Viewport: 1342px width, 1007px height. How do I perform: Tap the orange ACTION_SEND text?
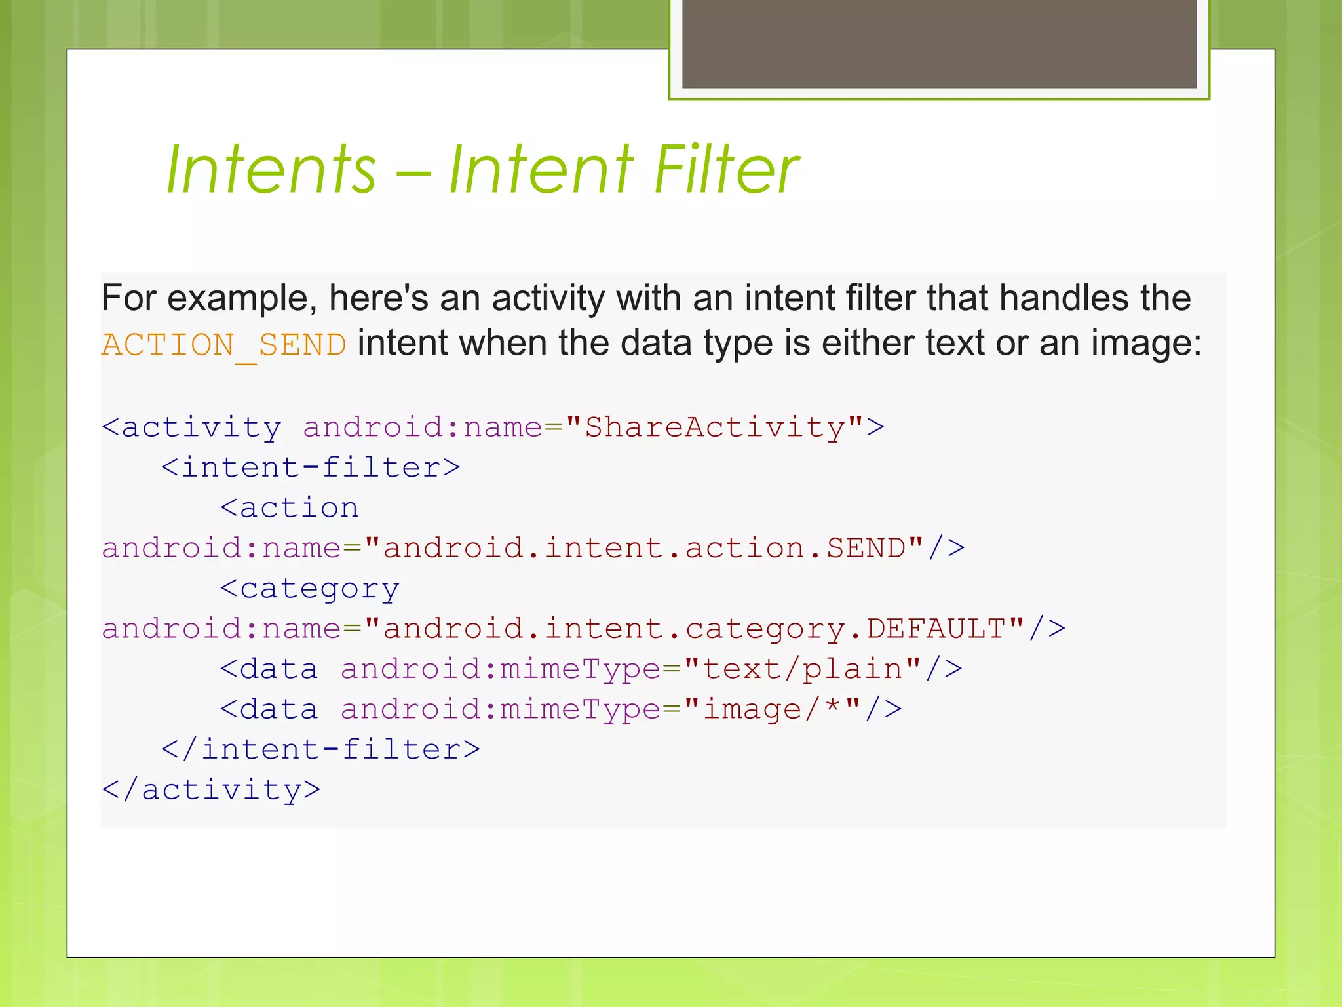[x=223, y=345]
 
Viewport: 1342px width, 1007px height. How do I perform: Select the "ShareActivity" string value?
[x=714, y=427]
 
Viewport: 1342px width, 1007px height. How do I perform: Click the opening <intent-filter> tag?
[x=311, y=468]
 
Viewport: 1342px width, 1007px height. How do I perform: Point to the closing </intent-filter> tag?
[x=320, y=749]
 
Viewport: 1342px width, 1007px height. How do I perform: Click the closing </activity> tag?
[x=211, y=790]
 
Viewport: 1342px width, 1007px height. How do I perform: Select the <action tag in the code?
[x=289, y=508]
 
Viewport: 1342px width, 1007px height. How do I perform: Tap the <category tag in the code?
[x=309, y=589]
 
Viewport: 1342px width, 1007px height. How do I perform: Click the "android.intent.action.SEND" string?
[x=643, y=548]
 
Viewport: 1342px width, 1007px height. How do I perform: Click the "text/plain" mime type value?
[x=803, y=669]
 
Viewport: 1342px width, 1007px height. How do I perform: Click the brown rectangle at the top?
[x=939, y=44]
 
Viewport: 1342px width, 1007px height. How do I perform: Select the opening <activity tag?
[x=192, y=427]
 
